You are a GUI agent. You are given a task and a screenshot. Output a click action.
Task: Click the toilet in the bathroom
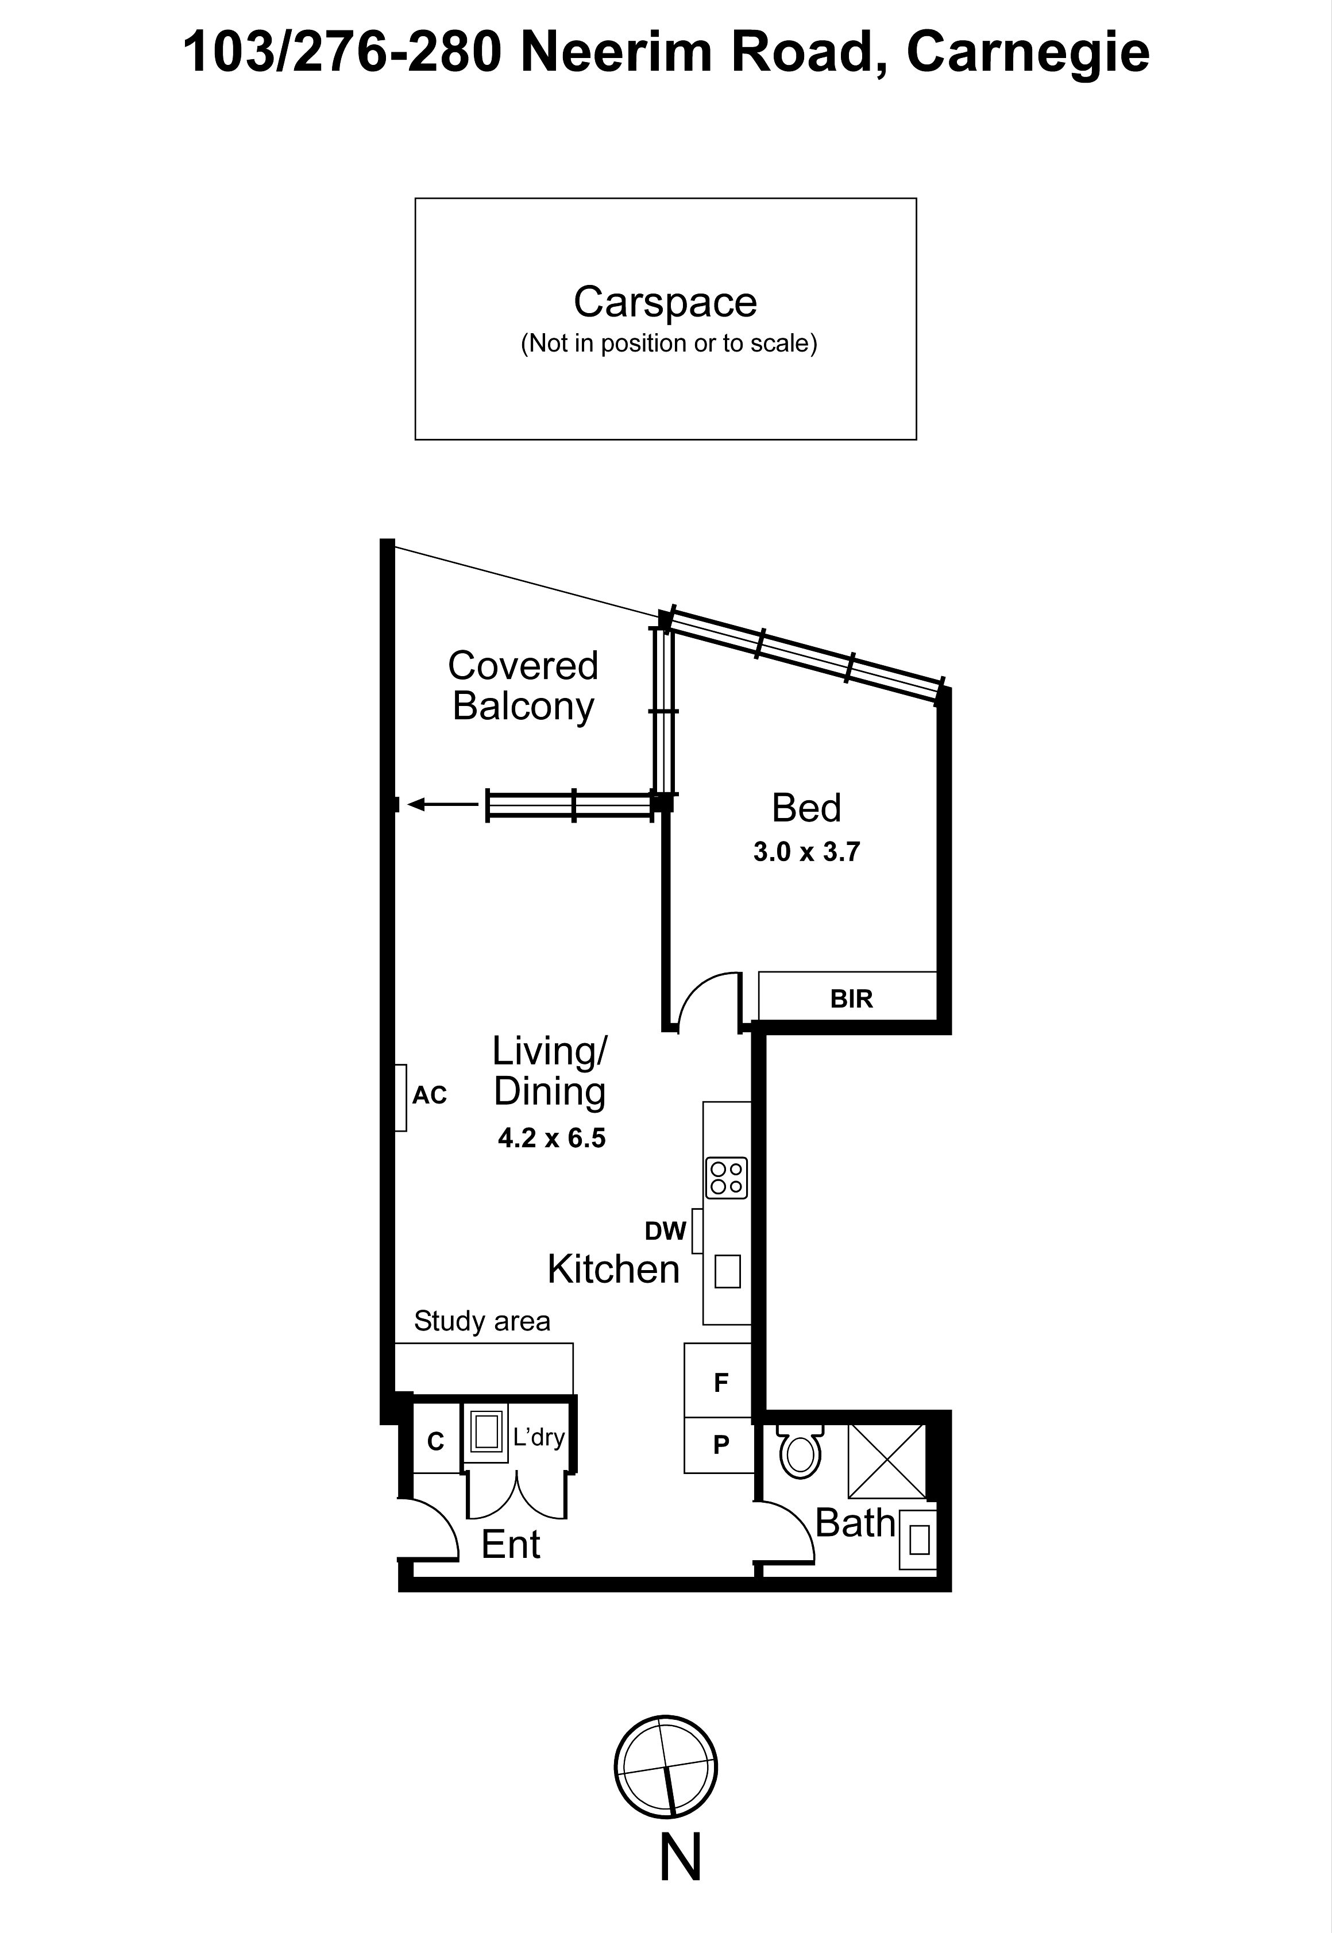(800, 1452)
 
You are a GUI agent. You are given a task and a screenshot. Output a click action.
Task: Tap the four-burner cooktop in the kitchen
(726, 1178)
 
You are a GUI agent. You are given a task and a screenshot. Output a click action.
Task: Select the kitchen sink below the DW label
(727, 1272)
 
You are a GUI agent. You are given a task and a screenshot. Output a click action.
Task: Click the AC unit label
(429, 1095)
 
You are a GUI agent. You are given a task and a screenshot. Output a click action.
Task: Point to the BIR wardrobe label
(851, 999)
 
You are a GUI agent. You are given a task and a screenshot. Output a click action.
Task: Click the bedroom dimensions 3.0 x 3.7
(806, 852)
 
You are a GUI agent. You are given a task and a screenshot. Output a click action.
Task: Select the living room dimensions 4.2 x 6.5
(551, 1139)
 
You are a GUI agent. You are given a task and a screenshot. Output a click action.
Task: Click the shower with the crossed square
(887, 1461)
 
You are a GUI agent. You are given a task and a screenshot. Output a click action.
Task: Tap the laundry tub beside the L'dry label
(486, 1432)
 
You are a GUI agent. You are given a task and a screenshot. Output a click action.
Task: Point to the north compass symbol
(666, 1767)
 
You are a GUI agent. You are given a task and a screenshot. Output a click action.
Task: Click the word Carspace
(665, 302)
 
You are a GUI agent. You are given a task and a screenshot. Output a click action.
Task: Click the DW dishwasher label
(665, 1231)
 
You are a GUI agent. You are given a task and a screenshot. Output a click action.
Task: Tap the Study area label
(482, 1321)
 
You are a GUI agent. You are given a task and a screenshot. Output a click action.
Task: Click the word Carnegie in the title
(1028, 53)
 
